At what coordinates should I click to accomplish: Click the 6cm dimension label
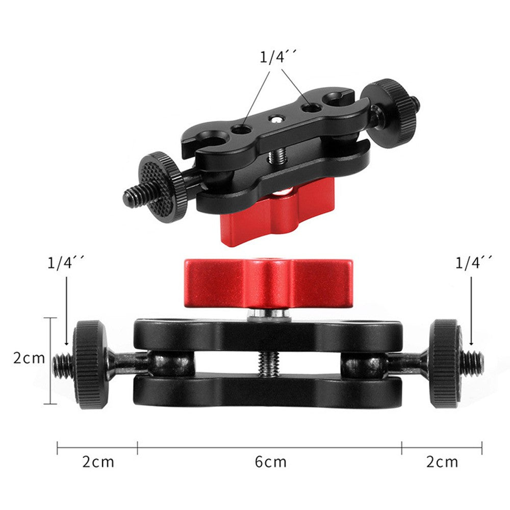coord(270,462)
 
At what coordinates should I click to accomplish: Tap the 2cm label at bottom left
coord(98,462)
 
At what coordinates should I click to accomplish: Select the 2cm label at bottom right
coord(442,462)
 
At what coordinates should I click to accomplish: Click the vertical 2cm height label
coord(29,358)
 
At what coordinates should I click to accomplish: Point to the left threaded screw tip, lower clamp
coord(63,363)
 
